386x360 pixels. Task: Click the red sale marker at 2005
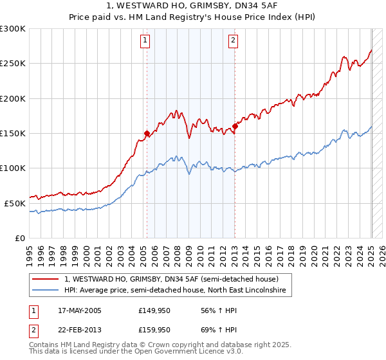[x=147, y=134]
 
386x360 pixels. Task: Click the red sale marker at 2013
[x=235, y=127]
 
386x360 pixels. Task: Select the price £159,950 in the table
[x=154, y=330]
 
